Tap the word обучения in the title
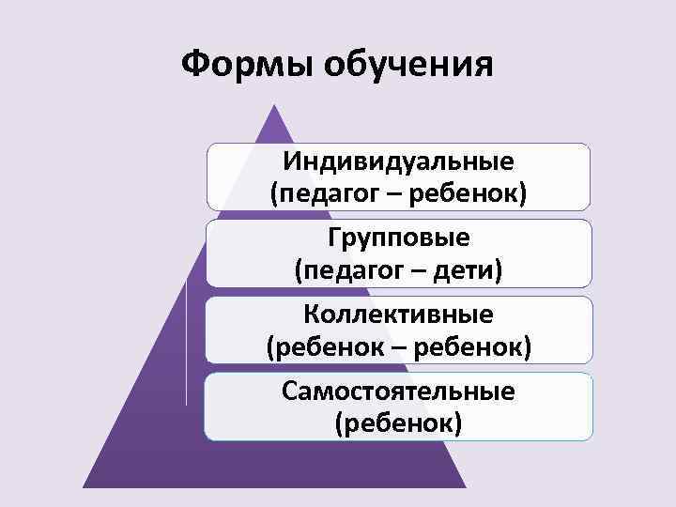coord(407,68)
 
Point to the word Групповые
coord(399,237)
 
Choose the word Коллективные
coord(399,314)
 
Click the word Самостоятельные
coord(399,390)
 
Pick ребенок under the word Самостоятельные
coord(399,423)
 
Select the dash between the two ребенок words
coord(399,348)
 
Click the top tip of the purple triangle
coord(274,106)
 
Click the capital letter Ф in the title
coord(193,66)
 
